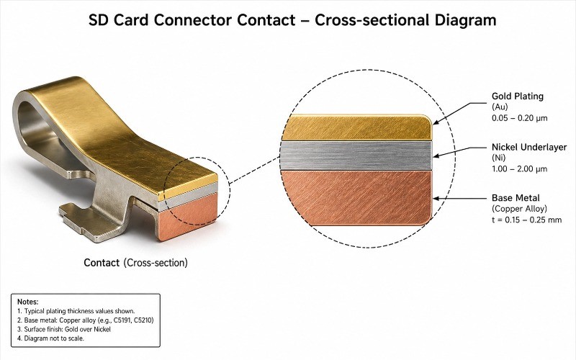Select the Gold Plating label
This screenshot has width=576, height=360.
click(x=518, y=96)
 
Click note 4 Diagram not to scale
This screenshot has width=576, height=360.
click(x=55, y=338)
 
